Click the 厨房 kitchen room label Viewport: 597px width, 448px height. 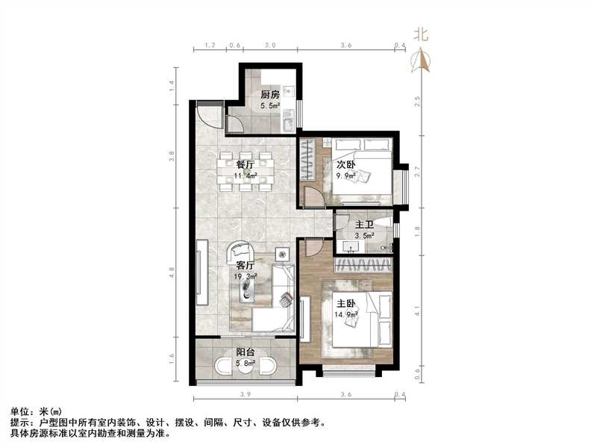coord(269,95)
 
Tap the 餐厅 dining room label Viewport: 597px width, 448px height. coord(246,164)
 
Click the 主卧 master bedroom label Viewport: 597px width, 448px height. coord(345,304)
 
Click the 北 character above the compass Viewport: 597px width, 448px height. coord(422,34)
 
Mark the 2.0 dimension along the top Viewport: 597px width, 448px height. coord(269,46)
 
